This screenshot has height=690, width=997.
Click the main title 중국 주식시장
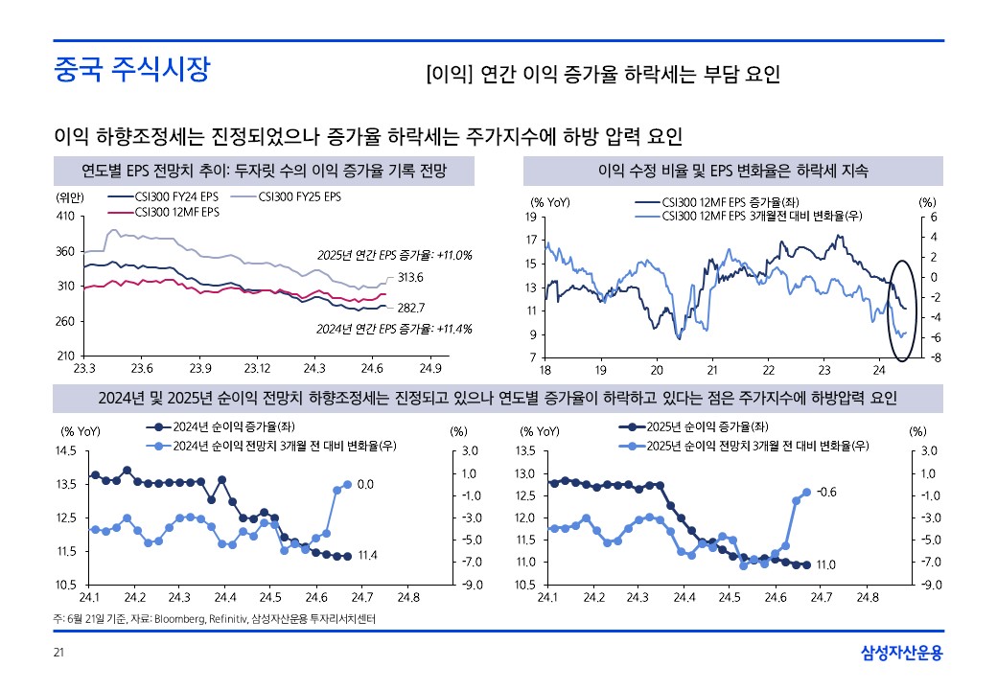point(131,70)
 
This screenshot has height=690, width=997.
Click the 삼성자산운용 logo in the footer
point(901,654)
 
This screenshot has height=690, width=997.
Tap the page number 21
point(58,654)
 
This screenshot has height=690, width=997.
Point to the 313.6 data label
point(411,278)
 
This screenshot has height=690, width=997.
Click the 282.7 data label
point(411,308)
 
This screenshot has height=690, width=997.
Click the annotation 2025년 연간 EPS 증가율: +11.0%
point(395,255)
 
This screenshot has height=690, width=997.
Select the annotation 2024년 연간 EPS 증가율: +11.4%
point(395,329)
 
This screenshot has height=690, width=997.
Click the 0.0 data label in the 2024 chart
point(365,485)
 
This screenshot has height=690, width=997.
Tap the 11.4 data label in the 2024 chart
point(365,555)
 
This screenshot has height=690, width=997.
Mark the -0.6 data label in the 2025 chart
point(825,492)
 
